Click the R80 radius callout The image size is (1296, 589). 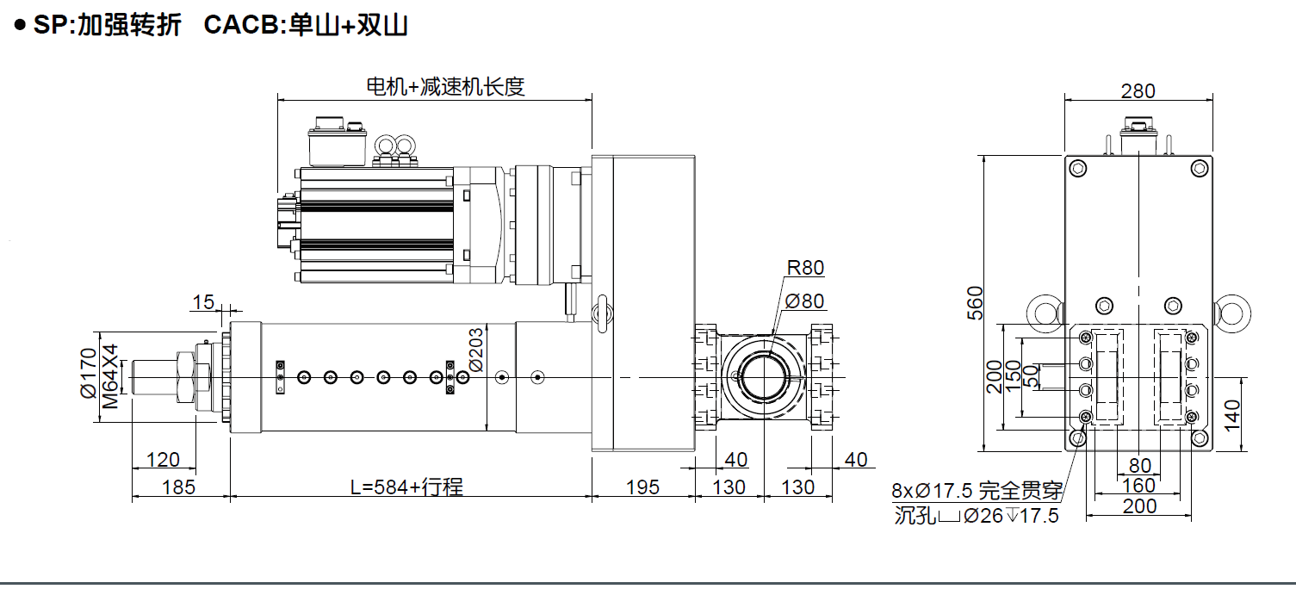click(805, 268)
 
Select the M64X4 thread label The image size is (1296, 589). click(109, 376)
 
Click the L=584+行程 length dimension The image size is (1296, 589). click(406, 487)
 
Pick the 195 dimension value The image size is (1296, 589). click(642, 487)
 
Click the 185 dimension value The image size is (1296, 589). click(178, 487)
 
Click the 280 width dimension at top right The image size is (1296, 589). click(1138, 90)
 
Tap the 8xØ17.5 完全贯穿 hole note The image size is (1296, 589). click(977, 492)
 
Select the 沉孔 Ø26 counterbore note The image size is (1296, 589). click(977, 517)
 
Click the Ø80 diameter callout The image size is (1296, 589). click(805, 301)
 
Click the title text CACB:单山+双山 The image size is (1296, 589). click(306, 26)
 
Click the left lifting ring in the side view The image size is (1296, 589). click(1043, 313)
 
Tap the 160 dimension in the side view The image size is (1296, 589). click(1138, 487)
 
